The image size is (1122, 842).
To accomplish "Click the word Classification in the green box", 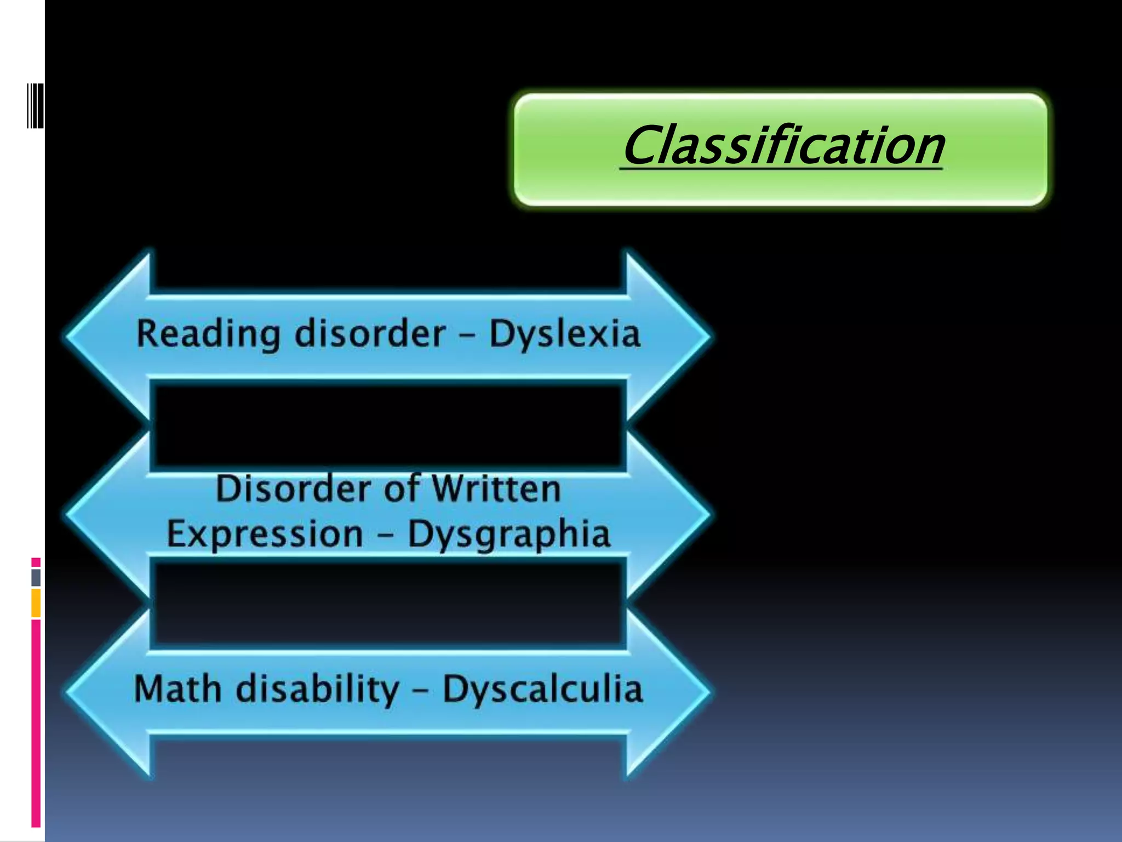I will [x=782, y=145].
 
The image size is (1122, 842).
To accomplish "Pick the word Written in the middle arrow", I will [x=496, y=488].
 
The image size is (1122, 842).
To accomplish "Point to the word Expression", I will [x=265, y=533].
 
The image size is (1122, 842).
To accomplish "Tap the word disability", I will [x=318, y=690].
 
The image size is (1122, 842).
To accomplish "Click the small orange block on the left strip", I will [x=36, y=603].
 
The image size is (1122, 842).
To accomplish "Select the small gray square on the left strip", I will [x=36, y=577].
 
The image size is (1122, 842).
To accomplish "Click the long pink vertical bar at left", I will [x=36, y=724].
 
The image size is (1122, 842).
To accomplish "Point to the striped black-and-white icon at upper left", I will [x=35, y=106].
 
